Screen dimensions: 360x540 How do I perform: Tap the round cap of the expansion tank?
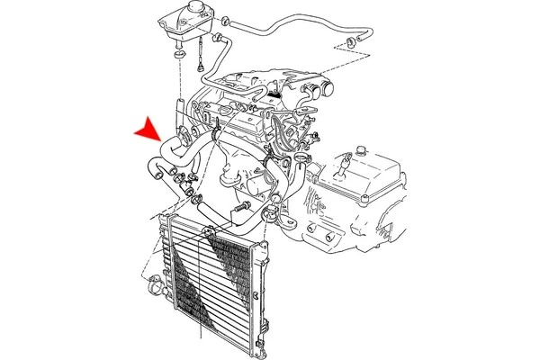(173, 8)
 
